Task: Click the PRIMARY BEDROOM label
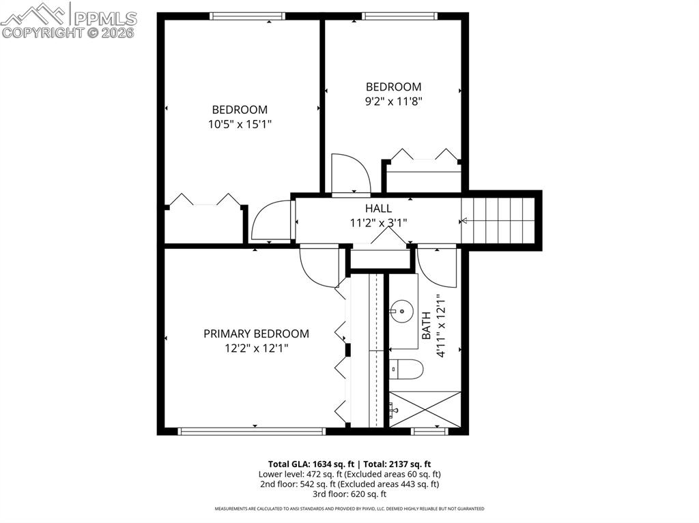(x=256, y=333)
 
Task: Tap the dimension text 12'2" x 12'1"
(x=256, y=348)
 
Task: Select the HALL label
(x=378, y=208)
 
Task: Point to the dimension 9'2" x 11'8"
(x=393, y=101)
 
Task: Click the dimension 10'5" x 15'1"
(x=240, y=124)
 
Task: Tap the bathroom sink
(x=402, y=312)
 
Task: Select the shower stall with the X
(x=425, y=409)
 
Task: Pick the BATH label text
(x=426, y=326)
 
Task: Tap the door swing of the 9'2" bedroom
(x=349, y=175)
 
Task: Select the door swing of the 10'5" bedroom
(x=271, y=222)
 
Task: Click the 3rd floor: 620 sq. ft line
(x=349, y=494)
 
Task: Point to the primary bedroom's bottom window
(x=251, y=430)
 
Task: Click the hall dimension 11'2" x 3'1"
(x=378, y=222)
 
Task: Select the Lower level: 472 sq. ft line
(x=349, y=473)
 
